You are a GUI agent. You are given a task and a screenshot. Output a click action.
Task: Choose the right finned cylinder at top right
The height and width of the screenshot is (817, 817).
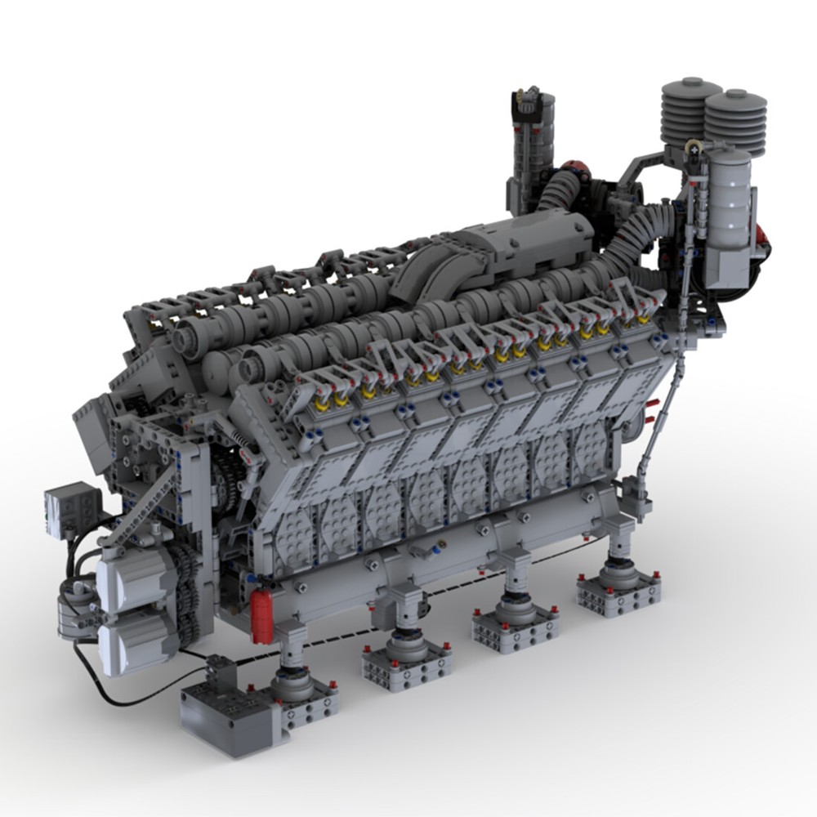pyautogui.click(x=736, y=123)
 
